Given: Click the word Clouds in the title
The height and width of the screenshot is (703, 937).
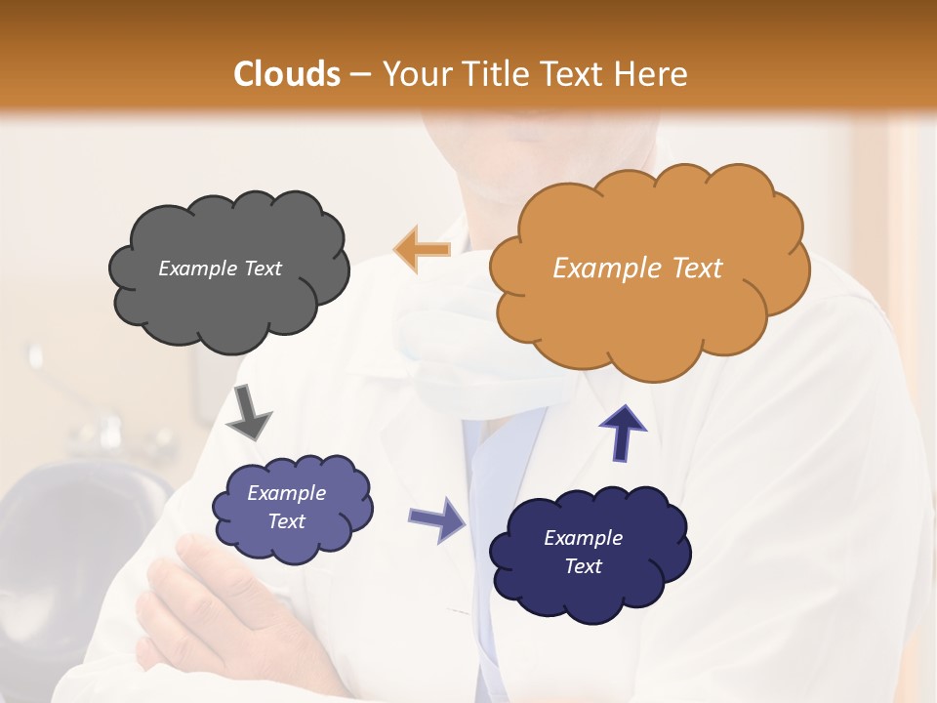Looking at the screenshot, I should pos(287,74).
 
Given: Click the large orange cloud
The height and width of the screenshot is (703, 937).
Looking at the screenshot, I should pos(648,269).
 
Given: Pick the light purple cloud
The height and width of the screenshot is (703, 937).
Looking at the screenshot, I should pos(291,508).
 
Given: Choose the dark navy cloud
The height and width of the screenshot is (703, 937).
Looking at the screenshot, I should pos(589,553).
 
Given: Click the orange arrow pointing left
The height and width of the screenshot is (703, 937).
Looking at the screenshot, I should pos(422,249).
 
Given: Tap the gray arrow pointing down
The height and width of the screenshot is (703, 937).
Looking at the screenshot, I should pos(249,411).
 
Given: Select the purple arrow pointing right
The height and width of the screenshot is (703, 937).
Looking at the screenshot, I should pos(438,518).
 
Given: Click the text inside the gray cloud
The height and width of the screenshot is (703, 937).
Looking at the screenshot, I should pos(220,269).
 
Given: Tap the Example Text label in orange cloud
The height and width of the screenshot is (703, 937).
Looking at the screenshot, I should pos(637,269).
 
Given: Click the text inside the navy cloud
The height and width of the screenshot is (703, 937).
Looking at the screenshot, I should pos(583,552).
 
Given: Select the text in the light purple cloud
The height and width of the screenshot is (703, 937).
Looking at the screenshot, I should pos(286,507).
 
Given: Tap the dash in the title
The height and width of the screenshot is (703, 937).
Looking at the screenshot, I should pos(360,75).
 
